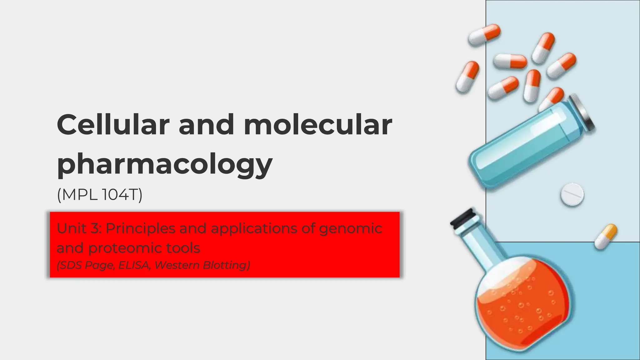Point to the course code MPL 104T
tap(100, 195)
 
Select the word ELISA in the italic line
tap(134, 265)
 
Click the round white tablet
tap(572, 195)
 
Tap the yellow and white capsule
tap(606, 237)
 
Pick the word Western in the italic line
tap(177, 265)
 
